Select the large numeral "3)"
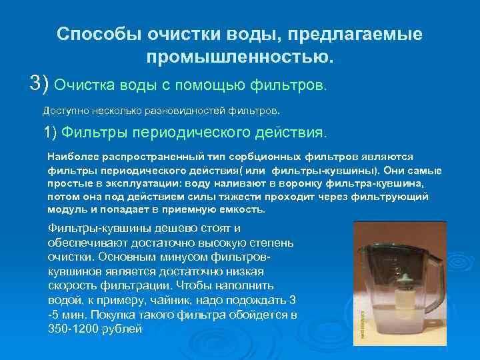pyautogui.click(x=39, y=83)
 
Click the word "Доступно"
pyautogui.click(x=64, y=109)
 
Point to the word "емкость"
pyautogui.click(x=241, y=209)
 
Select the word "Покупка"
pyautogui.click(x=119, y=314)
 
